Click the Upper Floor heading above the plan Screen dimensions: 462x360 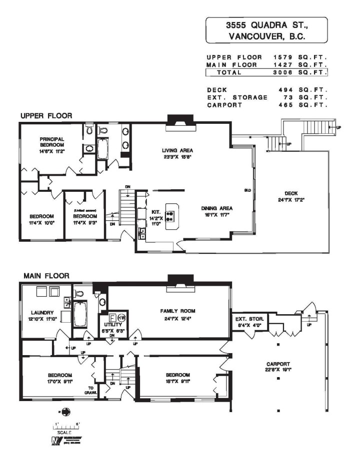[x=46, y=116]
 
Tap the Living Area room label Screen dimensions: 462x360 [x=177, y=150]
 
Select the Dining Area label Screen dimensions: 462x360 [x=217, y=208]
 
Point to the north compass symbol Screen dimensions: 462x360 [x=66, y=412]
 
